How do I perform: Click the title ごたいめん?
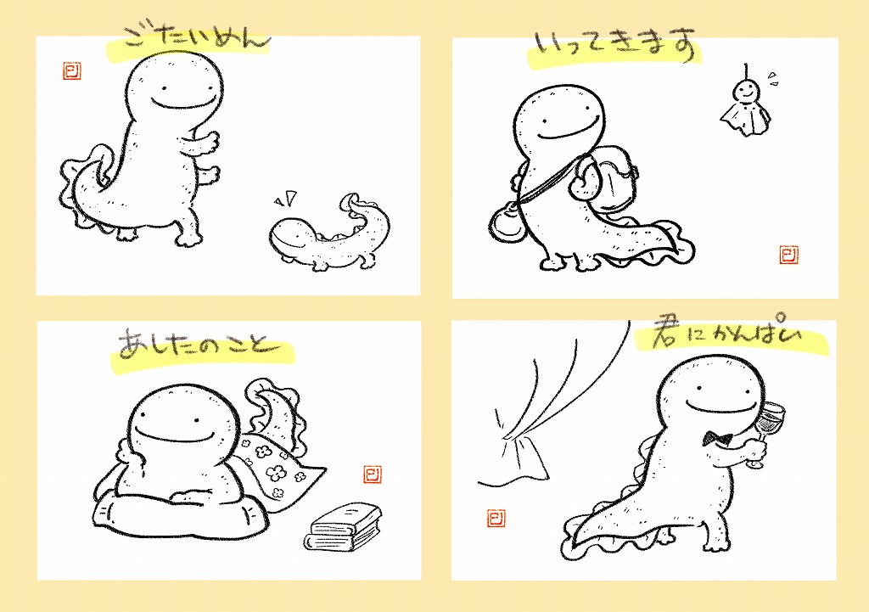pyautogui.click(x=195, y=37)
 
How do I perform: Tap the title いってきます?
pyautogui.click(x=615, y=44)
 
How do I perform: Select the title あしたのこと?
pyautogui.click(x=197, y=344)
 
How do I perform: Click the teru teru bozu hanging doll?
pyautogui.click(x=745, y=105)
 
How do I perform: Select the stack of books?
pyautogui.click(x=343, y=526)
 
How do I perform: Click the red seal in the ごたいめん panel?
pyautogui.click(x=72, y=70)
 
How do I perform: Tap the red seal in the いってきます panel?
pyautogui.click(x=788, y=255)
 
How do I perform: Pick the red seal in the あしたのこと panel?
pyautogui.click(x=373, y=474)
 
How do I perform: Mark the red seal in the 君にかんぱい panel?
pyautogui.click(x=496, y=518)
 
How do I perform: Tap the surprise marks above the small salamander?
pyautogui.click(x=286, y=198)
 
